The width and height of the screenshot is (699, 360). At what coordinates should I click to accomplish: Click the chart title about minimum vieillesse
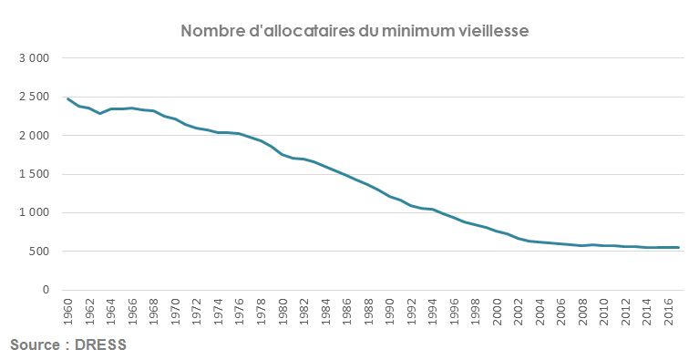(355, 31)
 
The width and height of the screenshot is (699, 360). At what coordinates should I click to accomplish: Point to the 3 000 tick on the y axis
(34, 58)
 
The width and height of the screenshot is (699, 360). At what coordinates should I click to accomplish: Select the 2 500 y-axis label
(34, 97)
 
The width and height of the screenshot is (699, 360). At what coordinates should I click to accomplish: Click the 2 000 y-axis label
(34, 136)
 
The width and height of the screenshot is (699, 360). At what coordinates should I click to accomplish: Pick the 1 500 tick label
(34, 174)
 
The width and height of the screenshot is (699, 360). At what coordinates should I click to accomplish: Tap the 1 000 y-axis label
(34, 213)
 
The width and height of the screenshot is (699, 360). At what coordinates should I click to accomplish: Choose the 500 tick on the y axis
(39, 252)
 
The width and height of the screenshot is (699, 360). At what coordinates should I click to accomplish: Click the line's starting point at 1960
(67, 98)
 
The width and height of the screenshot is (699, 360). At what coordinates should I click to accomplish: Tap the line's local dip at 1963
(99, 113)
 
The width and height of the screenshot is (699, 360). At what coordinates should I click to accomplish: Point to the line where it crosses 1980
(282, 154)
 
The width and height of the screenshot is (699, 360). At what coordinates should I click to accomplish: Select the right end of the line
(678, 247)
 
